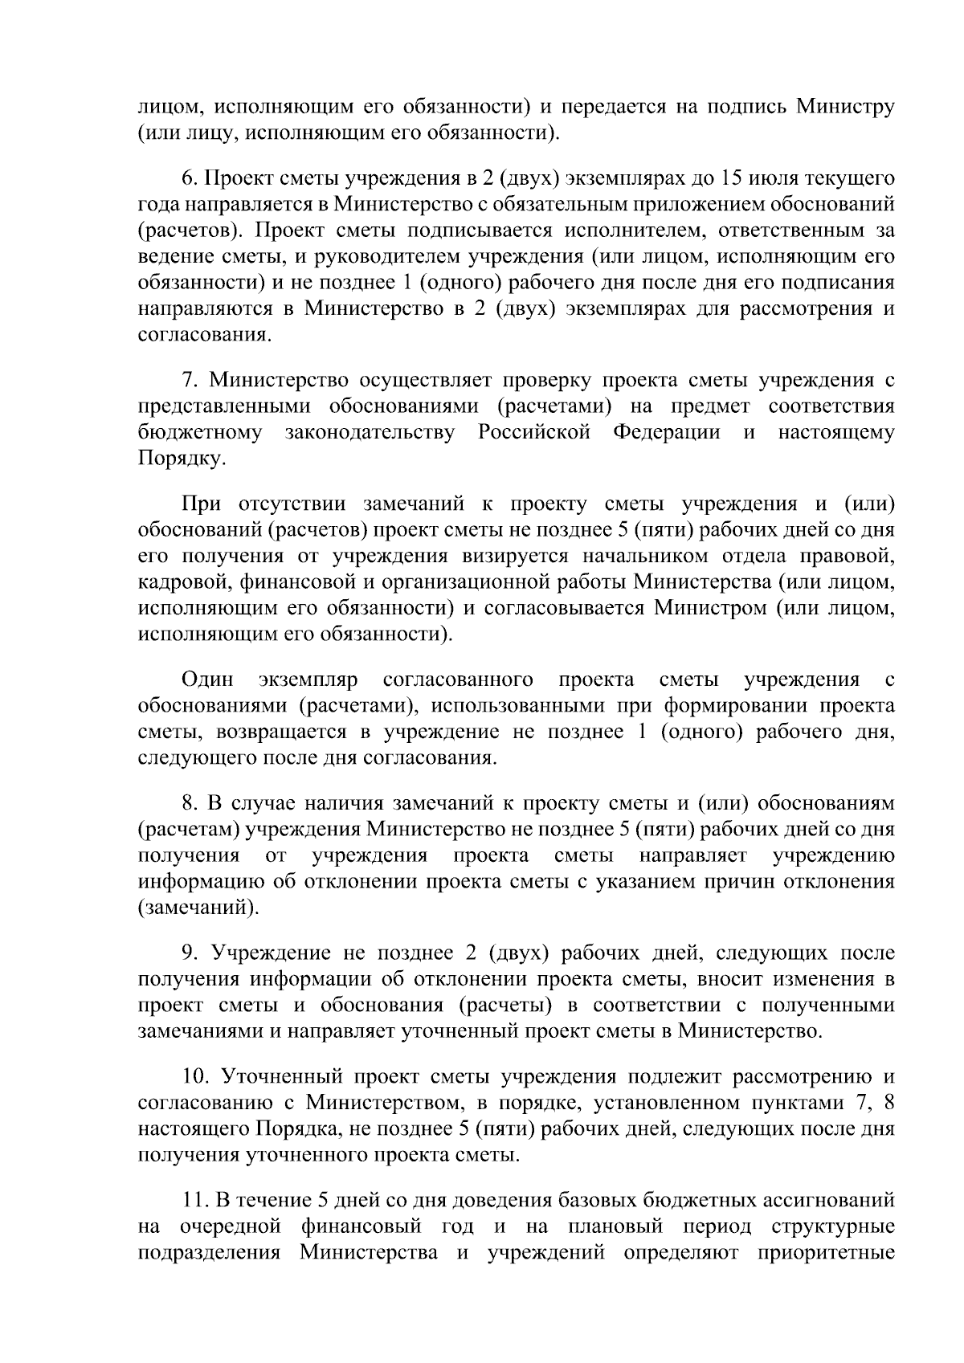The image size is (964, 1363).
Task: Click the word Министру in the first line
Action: tap(844, 107)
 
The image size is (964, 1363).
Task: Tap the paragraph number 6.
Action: tap(190, 178)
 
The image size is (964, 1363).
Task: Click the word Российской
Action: tap(535, 433)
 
